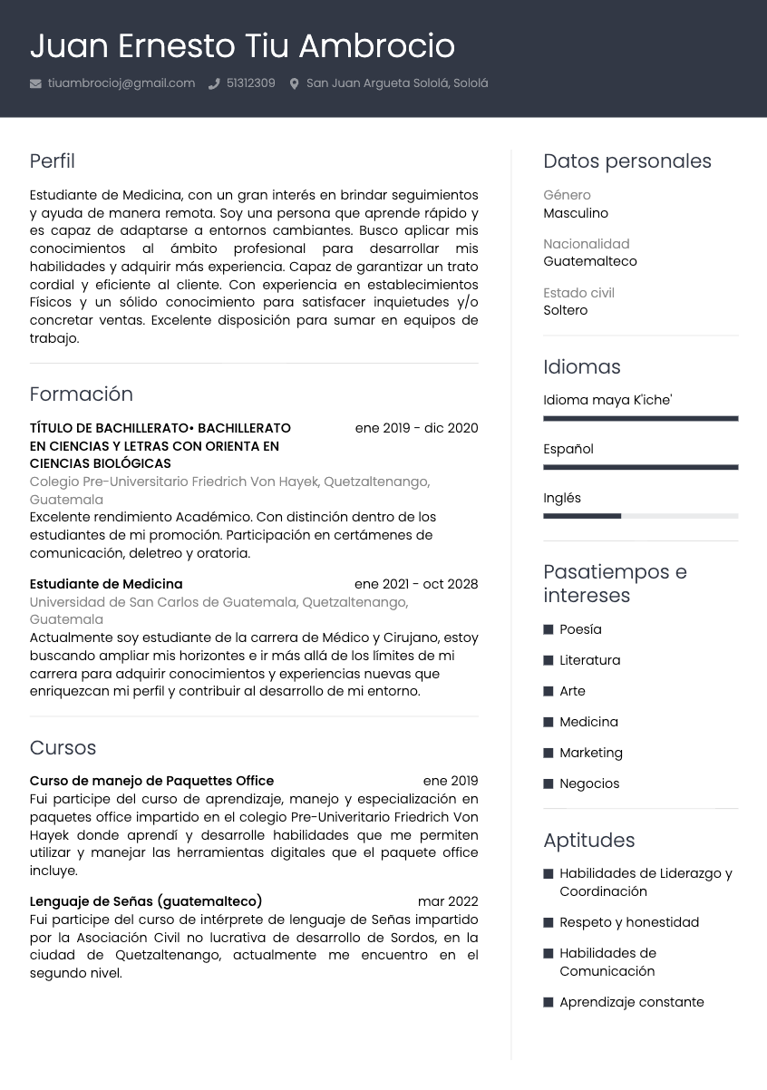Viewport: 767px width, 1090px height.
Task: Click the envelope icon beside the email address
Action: pyautogui.click(x=35, y=83)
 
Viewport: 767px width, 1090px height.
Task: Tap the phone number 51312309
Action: pyautogui.click(x=250, y=83)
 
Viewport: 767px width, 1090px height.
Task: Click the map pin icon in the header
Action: pyautogui.click(x=294, y=83)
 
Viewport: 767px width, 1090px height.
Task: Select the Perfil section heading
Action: pyautogui.click(x=52, y=161)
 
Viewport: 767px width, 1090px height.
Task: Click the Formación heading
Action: pyautogui.click(x=81, y=394)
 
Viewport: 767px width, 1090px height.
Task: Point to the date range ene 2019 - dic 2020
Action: pyautogui.click(x=416, y=428)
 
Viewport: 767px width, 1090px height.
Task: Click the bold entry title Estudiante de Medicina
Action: pyautogui.click(x=106, y=584)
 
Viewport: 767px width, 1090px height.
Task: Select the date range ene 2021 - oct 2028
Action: pyautogui.click(x=416, y=584)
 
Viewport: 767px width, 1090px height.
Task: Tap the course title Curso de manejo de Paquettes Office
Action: pyautogui.click(x=151, y=781)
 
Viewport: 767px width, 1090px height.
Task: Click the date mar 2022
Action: pyautogui.click(x=448, y=901)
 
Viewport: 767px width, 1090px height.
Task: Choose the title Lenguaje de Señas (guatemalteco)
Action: pyautogui.click(x=146, y=901)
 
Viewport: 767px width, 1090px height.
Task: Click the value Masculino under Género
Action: pyautogui.click(x=576, y=213)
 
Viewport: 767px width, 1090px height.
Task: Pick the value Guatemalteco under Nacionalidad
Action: pyautogui.click(x=590, y=261)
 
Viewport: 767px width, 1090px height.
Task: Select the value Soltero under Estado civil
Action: pyautogui.click(x=566, y=310)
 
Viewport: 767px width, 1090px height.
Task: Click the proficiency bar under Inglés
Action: pyautogui.click(x=640, y=516)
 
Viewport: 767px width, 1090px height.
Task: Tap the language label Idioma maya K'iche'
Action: pyautogui.click(x=607, y=400)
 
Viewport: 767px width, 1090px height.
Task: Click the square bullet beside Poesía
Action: pyautogui.click(x=549, y=629)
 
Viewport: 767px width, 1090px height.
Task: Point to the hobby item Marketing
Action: pyautogui.click(x=591, y=753)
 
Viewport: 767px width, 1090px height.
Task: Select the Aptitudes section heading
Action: pyautogui.click(x=589, y=841)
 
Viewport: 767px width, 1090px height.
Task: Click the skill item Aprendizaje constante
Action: pyautogui.click(x=632, y=1002)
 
